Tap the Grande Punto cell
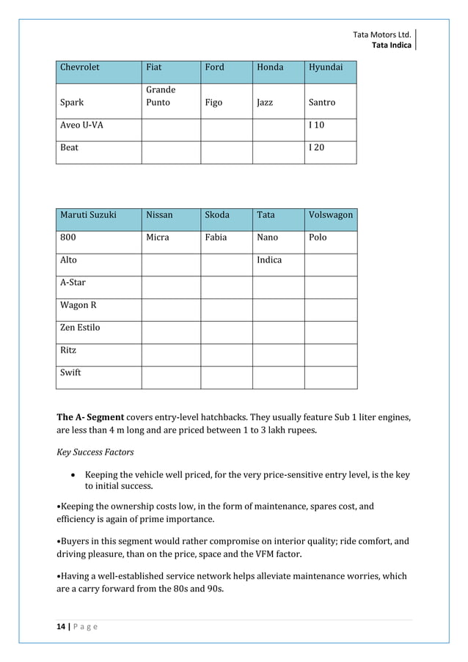point(161,96)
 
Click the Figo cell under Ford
point(213,103)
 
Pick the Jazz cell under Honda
point(265,103)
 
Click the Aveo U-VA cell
point(81,125)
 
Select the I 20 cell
point(316,147)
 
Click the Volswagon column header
point(331,215)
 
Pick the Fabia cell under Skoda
point(216,238)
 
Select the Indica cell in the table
point(269,260)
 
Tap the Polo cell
point(318,238)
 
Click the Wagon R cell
point(78,305)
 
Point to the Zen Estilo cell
point(80,328)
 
